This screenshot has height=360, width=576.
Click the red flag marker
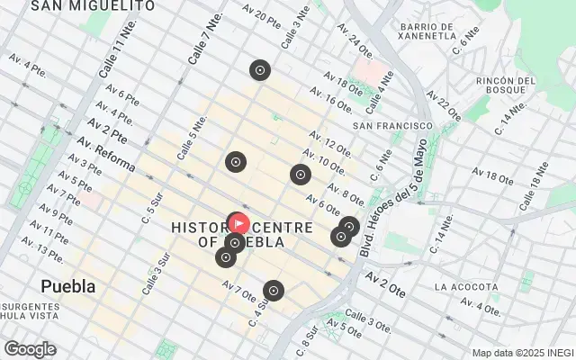pyautogui.click(x=238, y=222)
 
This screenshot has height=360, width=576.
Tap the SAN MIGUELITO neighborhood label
pyautogui.click(x=92, y=6)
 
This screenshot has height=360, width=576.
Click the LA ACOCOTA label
pyautogui.click(x=466, y=287)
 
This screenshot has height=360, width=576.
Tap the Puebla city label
pyautogui.click(x=68, y=286)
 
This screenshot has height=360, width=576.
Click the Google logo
pyautogui.click(x=30, y=349)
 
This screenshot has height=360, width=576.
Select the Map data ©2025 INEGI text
pyautogui.click(x=523, y=353)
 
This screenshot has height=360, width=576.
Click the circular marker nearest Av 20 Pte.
pyautogui.click(x=260, y=70)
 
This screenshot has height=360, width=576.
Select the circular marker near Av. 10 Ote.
pyautogui.click(x=300, y=175)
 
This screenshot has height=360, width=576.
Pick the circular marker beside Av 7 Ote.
pyautogui.click(x=273, y=291)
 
